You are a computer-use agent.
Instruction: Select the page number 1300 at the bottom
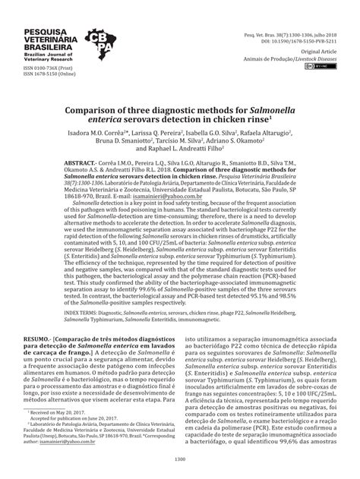tap(180, 458)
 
